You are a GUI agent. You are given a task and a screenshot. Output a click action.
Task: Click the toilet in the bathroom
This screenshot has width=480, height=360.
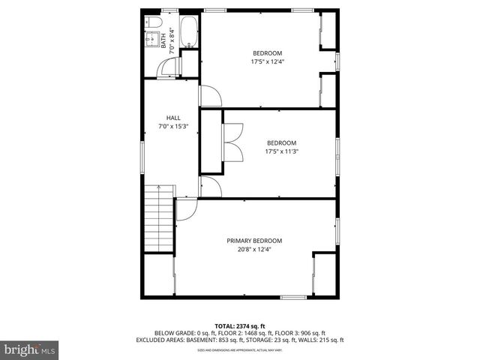[150, 21]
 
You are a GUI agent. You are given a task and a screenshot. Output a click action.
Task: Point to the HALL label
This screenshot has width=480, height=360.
[172, 118]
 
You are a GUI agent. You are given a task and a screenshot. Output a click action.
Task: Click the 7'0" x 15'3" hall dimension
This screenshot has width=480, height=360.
[172, 127]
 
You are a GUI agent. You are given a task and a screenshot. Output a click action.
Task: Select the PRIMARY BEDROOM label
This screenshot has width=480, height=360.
[254, 241]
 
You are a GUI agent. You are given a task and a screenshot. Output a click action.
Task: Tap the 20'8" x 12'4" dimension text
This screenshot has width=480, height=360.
[254, 249]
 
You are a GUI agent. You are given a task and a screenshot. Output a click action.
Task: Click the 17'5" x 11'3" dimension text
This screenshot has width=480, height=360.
[281, 151]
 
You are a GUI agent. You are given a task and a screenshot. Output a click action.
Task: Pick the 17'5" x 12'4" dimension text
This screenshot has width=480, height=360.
[267, 61]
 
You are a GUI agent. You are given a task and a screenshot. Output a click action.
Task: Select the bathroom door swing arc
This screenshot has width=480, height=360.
[172, 69]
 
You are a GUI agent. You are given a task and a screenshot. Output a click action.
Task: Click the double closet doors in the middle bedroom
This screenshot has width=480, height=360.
[232, 142]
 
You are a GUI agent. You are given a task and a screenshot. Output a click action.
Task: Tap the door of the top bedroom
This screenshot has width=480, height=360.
[209, 95]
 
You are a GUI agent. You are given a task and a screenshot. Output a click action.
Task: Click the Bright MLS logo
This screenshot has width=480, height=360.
[30, 349]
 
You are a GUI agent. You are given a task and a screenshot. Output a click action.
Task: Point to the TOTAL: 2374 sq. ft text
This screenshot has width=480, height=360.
[239, 325]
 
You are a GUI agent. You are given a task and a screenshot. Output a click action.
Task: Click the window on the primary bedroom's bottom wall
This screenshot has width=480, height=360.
[293, 298]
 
